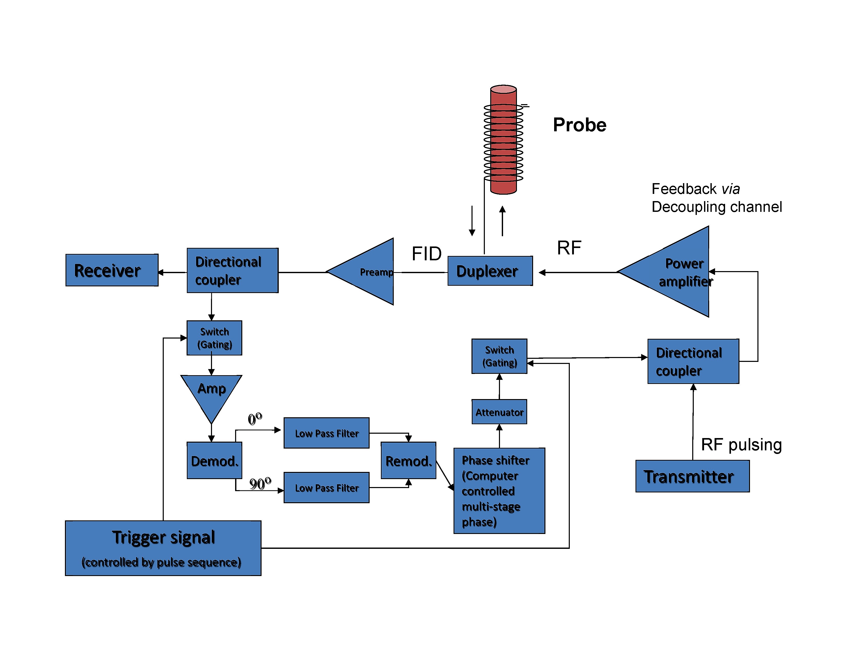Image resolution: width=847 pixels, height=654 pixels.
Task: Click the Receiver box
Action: pos(112,270)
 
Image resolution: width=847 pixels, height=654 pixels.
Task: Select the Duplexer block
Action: pos(490,271)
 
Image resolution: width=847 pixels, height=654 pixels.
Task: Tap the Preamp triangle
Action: pos(368,272)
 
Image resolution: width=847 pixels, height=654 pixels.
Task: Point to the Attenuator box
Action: pos(499,412)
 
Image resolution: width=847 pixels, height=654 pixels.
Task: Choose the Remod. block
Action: pos(408,460)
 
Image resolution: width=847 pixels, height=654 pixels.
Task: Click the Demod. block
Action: pos(214,460)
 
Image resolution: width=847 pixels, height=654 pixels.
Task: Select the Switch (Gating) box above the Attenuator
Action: pos(499,356)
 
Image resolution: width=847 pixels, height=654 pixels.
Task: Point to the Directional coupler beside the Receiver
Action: pos(232,270)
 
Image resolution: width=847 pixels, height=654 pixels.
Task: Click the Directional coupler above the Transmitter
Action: pos(693,361)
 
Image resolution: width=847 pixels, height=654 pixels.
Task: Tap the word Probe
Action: pos(579,125)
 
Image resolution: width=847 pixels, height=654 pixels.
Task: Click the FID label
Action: pos(426,254)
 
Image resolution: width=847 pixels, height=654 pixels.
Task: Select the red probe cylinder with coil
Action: pos(503,140)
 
